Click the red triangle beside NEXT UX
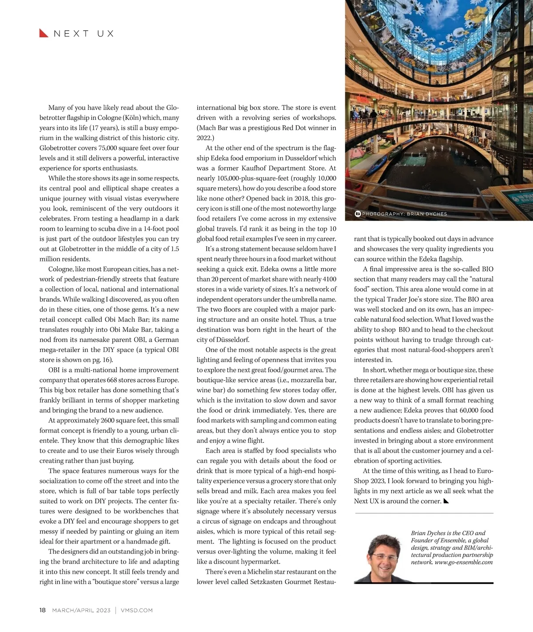click(44, 33)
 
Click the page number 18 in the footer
click(43, 610)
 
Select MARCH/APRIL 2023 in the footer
click(81, 610)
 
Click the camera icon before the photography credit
click(358, 214)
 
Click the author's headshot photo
click(380, 557)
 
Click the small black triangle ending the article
click(446, 501)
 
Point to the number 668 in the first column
click(112, 380)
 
